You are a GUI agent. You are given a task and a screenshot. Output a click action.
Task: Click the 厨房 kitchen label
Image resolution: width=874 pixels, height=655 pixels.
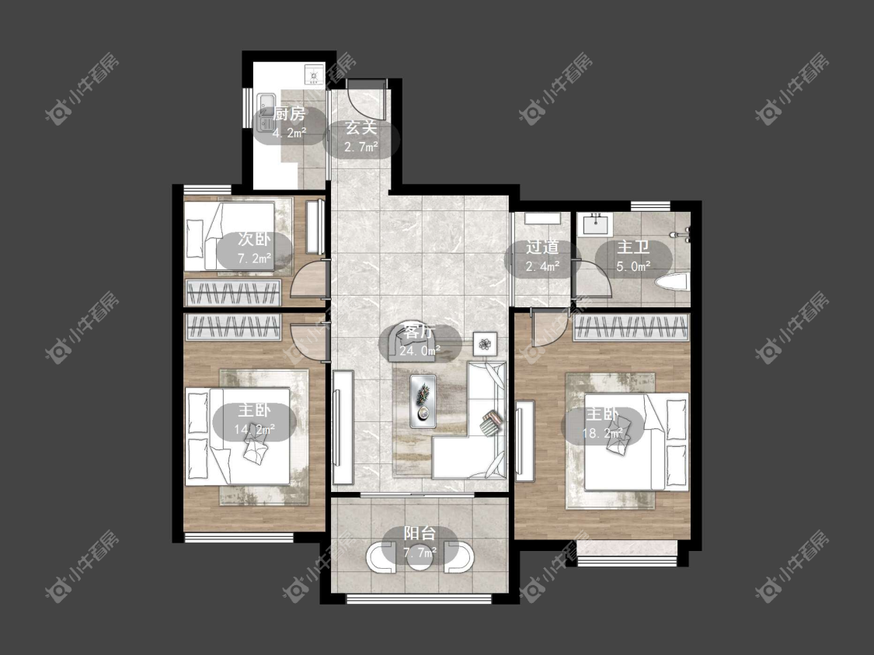(x=289, y=115)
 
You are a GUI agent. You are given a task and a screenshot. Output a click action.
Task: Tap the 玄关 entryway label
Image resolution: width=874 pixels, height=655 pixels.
(x=361, y=128)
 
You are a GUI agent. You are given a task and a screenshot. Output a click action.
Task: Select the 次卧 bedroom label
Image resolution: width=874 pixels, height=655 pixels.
(x=254, y=240)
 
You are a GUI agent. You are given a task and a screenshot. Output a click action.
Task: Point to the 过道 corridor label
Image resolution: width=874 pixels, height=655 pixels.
(x=542, y=248)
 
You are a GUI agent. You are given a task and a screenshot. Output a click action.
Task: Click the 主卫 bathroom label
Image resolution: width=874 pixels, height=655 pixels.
(x=633, y=248)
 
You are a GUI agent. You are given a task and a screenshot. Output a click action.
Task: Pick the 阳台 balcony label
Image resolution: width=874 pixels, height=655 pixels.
(x=420, y=534)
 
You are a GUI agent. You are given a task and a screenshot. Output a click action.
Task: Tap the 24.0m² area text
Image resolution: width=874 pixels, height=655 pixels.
(x=420, y=351)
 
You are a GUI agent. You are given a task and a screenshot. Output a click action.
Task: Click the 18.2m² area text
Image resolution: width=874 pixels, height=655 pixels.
(x=602, y=433)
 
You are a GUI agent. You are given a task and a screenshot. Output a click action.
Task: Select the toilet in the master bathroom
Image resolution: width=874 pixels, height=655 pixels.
(x=672, y=281)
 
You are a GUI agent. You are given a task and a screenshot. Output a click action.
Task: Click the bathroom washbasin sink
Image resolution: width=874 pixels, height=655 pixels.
(x=596, y=224)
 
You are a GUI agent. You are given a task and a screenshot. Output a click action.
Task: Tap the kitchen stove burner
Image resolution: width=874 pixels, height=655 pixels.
(x=313, y=74)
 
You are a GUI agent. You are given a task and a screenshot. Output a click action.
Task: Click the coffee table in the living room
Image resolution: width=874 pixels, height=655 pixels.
(x=423, y=401)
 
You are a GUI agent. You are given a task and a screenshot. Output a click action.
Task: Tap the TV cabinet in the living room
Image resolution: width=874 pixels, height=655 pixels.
(x=343, y=427)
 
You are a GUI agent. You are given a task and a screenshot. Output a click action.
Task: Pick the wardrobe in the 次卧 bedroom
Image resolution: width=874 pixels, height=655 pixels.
(x=233, y=293)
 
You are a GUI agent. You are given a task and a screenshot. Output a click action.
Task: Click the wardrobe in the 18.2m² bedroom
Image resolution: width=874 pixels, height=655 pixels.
(x=631, y=327)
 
